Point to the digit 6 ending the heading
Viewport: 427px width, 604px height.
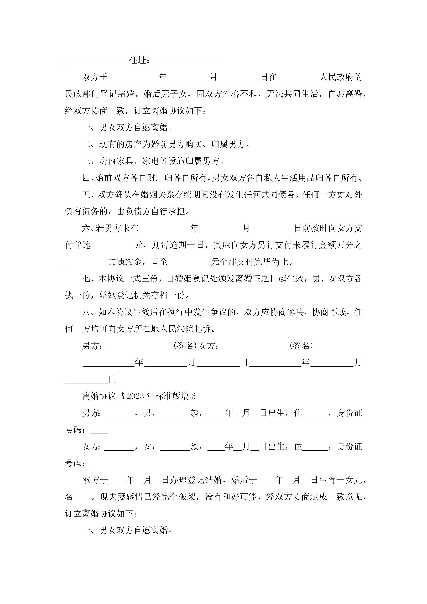click(193, 396)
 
